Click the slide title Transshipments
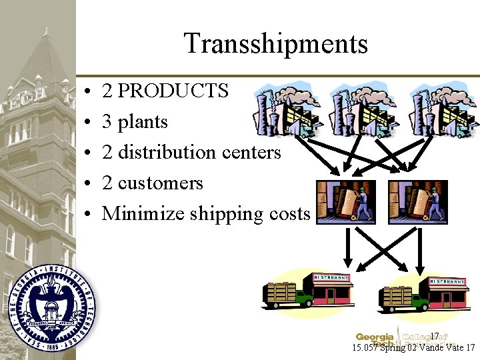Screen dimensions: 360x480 [x=275, y=44]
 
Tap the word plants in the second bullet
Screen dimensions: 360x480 [x=143, y=122]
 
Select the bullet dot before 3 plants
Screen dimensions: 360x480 [x=89, y=123]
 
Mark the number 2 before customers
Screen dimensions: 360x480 [x=107, y=183]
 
